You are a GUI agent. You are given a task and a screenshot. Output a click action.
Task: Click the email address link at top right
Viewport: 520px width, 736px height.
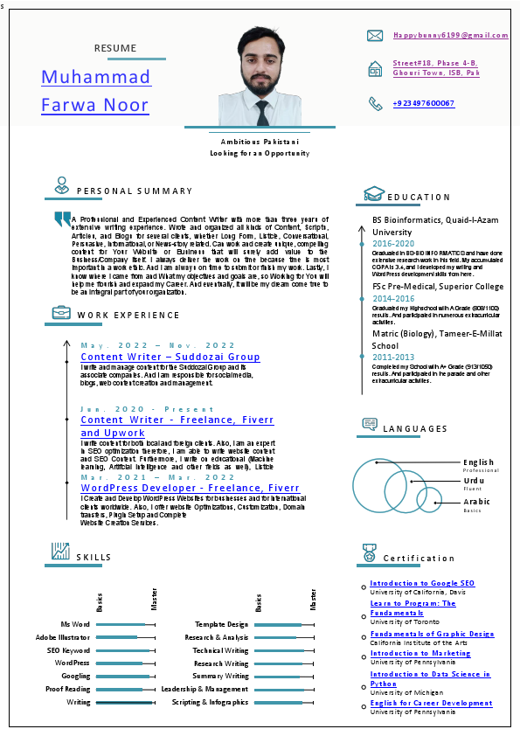449,35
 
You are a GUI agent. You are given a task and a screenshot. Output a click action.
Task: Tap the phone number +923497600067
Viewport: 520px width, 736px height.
423,103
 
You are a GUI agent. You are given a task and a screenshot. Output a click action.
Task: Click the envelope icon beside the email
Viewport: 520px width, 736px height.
375,36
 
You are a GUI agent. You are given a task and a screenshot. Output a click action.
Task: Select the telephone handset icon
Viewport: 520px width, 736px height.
375,103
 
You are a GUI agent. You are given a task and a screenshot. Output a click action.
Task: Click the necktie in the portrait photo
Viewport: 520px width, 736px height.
262,113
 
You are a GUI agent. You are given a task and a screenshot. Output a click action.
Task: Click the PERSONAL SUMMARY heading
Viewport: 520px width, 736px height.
135,191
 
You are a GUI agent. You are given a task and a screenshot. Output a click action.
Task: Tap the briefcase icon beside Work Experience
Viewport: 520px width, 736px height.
61,313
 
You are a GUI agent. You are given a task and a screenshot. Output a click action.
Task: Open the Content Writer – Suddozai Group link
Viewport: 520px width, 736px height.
170,357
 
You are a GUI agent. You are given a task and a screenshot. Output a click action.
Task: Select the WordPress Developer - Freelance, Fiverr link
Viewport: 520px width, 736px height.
190,488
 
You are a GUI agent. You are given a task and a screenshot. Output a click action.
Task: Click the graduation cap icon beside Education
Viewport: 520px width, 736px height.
373,195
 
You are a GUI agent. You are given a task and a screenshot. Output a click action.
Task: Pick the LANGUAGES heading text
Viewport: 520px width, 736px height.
415,429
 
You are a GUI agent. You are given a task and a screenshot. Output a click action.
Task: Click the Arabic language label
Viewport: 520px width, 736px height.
477,502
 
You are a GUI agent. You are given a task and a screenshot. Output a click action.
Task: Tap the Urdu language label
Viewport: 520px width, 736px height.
474,481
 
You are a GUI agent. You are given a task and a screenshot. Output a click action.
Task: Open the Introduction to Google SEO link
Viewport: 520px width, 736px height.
422,583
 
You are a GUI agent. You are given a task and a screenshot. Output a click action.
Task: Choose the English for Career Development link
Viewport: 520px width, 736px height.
431,703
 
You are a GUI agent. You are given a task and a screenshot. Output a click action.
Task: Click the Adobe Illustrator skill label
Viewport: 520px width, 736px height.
63,637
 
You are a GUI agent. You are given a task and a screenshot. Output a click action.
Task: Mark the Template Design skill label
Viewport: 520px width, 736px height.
221,625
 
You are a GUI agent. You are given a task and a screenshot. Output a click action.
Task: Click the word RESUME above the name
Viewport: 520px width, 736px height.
115,46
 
